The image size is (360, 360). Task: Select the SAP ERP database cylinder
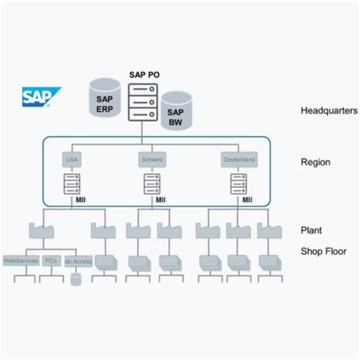(106, 98)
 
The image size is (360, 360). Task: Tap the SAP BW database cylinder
(175, 110)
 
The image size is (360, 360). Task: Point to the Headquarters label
(328, 111)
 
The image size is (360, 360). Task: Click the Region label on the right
(315, 162)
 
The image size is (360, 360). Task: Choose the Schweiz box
(152, 160)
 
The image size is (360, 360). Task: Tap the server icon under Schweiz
(152, 183)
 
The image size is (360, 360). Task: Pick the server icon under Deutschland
(238, 183)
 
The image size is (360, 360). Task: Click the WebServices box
(21, 261)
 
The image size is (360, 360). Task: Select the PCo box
(51, 261)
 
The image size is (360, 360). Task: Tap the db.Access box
(77, 261)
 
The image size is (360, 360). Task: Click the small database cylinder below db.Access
(76, 279)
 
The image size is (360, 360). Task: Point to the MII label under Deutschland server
(247, 201)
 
